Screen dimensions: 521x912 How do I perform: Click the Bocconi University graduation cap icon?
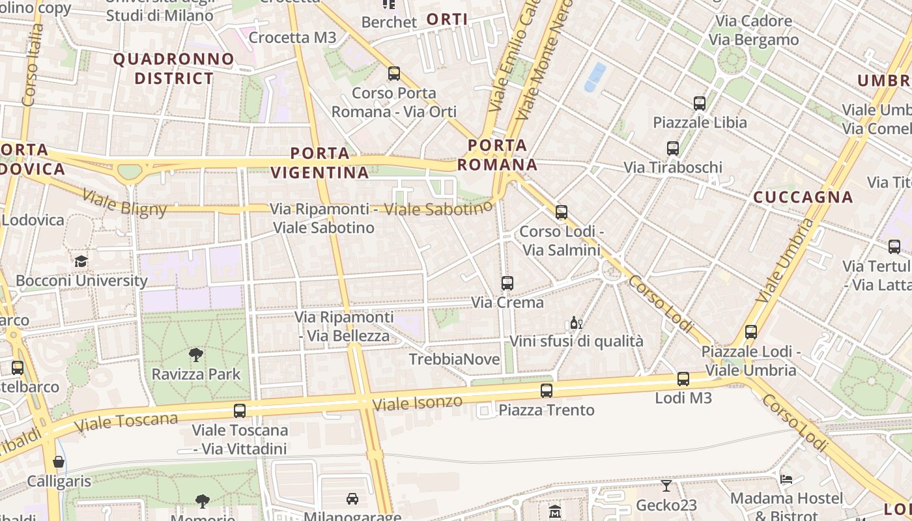[81, 261]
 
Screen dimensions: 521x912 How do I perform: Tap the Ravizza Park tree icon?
[195, 355]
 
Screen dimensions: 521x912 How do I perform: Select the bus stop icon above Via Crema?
[507, 283]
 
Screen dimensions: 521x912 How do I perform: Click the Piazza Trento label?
[546, 410]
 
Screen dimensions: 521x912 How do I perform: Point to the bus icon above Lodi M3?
[683, 378]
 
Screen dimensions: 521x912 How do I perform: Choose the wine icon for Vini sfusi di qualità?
[576, 322]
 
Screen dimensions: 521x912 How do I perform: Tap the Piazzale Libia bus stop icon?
[700, 103]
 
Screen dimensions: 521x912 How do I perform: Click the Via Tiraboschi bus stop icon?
[673, 148]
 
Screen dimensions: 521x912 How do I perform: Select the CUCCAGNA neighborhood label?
[803, 197]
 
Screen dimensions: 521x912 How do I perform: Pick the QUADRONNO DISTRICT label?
[173, 68]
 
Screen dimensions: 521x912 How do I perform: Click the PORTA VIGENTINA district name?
[320, 163]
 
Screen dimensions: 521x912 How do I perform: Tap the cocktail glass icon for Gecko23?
[666, 486]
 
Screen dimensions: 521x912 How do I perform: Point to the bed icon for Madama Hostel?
[786, 479]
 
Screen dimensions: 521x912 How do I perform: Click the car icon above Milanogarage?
[352, 499]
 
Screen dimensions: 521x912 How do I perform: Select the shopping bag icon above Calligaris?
[59, 462]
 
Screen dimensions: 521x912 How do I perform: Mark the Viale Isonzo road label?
[417, 402]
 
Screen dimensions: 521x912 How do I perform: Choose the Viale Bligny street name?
[125, 202]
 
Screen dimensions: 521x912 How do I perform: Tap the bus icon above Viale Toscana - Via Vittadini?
[240, 411]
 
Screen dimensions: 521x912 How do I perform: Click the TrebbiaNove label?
[454, 359]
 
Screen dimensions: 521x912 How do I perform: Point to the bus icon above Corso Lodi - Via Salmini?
[561, 212]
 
